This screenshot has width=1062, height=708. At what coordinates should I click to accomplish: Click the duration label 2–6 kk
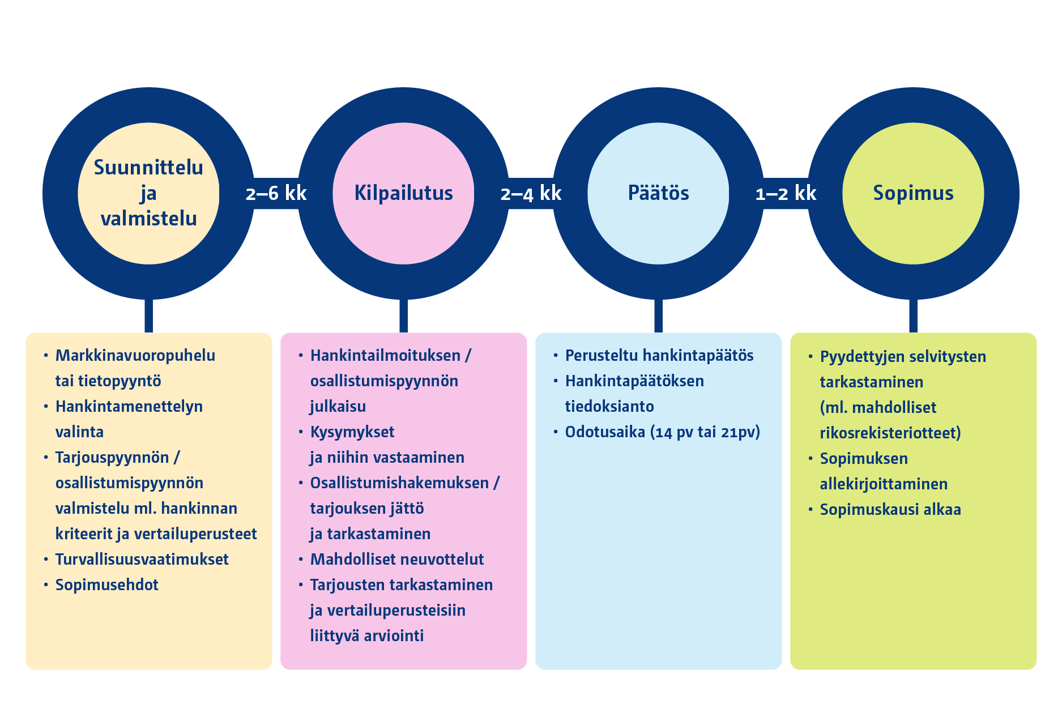coord(276,194)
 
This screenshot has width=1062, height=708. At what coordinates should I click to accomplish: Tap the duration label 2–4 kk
coord(531,194)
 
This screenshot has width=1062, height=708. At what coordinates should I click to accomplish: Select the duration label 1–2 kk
coord(786,194)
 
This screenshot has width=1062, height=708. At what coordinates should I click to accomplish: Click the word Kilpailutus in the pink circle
coord(403,193)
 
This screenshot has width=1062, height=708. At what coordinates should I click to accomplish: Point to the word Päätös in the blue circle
coord(658,193)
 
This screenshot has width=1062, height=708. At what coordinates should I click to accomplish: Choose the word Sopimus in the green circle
coord(913,193)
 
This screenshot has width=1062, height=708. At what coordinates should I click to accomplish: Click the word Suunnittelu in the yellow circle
coord(148,168)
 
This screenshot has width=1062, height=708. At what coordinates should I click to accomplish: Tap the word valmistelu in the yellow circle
coord(148,219)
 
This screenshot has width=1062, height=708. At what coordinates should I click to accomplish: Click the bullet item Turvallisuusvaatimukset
coord(142,560)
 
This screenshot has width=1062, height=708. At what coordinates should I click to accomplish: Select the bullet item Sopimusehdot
coord(106,585)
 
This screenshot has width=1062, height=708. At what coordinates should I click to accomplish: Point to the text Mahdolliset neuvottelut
coord(396,560)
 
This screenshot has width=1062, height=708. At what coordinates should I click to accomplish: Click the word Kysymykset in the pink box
coord(352,432)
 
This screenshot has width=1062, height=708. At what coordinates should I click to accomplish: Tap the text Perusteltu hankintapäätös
coord(659,356)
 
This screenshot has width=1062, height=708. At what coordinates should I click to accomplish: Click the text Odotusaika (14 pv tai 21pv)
coord(662,432)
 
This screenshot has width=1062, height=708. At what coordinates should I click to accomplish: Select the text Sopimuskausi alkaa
coord(890,510)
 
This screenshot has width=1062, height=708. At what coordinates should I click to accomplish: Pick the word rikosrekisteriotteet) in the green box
coord(890,433)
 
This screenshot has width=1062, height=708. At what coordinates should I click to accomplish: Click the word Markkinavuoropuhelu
coord(135,356)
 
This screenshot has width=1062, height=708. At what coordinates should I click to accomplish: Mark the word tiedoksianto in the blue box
coord(609,407)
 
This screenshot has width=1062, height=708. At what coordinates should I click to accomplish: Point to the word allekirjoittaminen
coord(884,484)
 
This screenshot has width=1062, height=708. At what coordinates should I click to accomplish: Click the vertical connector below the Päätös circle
coord(658,315)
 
